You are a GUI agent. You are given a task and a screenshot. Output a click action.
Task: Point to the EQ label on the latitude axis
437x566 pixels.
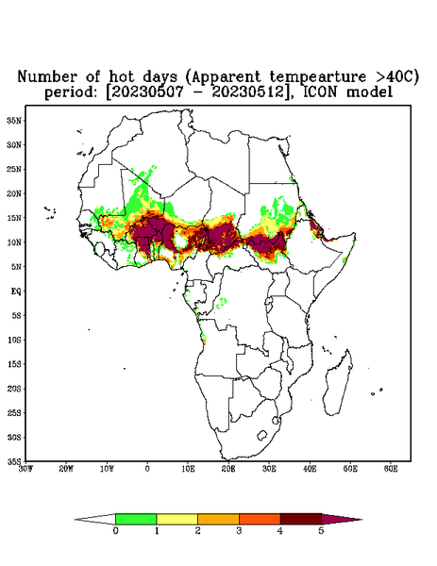click(15, 291)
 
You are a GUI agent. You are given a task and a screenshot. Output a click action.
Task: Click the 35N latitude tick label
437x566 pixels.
click(14, 120)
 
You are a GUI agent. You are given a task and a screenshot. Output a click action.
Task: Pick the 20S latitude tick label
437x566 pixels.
click(14, 389)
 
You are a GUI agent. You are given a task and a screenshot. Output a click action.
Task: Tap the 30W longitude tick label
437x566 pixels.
click(25, 469)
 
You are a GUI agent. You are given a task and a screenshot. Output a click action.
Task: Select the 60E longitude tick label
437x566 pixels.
click(391, 469)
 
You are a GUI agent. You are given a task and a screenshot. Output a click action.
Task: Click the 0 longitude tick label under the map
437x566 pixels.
click(147, 469)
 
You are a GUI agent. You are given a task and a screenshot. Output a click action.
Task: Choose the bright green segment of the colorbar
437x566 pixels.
click(136, 519)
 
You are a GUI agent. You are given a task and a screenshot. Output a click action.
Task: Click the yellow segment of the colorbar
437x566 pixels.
click(176, 519)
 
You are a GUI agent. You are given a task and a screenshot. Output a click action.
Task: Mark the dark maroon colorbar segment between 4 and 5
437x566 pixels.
click(301, 519)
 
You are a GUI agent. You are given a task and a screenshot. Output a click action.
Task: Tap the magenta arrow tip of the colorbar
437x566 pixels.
click(342, 519)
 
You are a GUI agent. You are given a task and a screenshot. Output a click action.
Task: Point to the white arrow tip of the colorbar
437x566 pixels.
click(95, 519)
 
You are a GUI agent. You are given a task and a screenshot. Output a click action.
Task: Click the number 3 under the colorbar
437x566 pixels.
click(239, 531)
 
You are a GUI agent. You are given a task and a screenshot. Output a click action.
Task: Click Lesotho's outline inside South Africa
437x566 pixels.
click(261, 435)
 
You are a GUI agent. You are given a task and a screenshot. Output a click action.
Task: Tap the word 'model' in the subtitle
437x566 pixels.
click(369, 92)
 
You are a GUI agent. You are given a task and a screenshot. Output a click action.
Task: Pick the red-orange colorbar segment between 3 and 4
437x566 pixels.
click(260, 519)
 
